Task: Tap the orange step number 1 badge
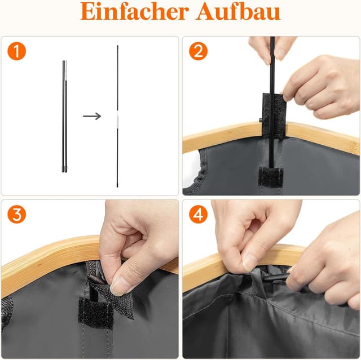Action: coord(17,51)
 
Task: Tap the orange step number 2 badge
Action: coord(198,51)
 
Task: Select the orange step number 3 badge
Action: coord(17,215)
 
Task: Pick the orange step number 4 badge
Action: coord(198,215)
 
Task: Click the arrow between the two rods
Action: coord(92,116)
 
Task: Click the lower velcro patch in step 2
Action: coord(270,176)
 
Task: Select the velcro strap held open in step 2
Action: coord(274,113)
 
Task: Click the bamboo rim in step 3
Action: coord(45,262)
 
